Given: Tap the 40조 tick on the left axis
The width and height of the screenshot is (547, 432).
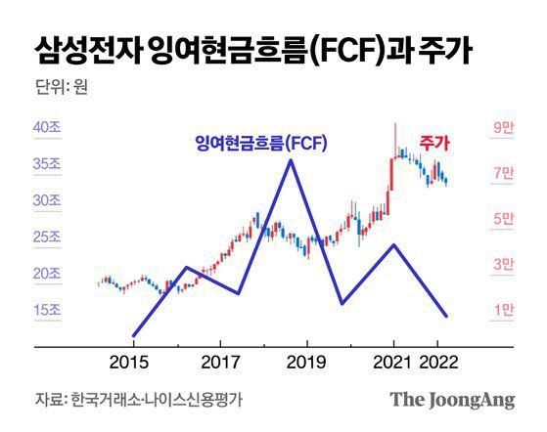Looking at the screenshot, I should [48, 128].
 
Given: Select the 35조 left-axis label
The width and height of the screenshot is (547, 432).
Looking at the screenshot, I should [48, 165].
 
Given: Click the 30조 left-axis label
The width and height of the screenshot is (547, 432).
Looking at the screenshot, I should [48, 201].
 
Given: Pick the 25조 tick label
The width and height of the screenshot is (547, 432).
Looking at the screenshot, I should [48, 238].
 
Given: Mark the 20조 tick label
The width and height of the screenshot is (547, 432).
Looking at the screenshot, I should [48, 274].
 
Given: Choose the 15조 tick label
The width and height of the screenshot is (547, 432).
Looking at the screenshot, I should [48, 310].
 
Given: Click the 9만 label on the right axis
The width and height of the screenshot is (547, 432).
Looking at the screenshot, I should [503, 128].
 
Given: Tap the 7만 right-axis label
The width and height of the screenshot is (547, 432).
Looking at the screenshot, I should [503, 174].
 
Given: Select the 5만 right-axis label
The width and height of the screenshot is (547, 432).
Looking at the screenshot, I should [503, 219].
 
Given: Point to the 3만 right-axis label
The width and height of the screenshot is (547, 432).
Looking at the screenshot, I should [503, 264].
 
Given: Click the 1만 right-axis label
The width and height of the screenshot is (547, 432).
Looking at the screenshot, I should [503, 310].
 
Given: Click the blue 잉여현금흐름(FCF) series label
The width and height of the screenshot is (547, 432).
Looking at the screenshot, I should [260, 144].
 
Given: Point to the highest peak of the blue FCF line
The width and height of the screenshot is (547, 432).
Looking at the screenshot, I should [290, 160].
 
